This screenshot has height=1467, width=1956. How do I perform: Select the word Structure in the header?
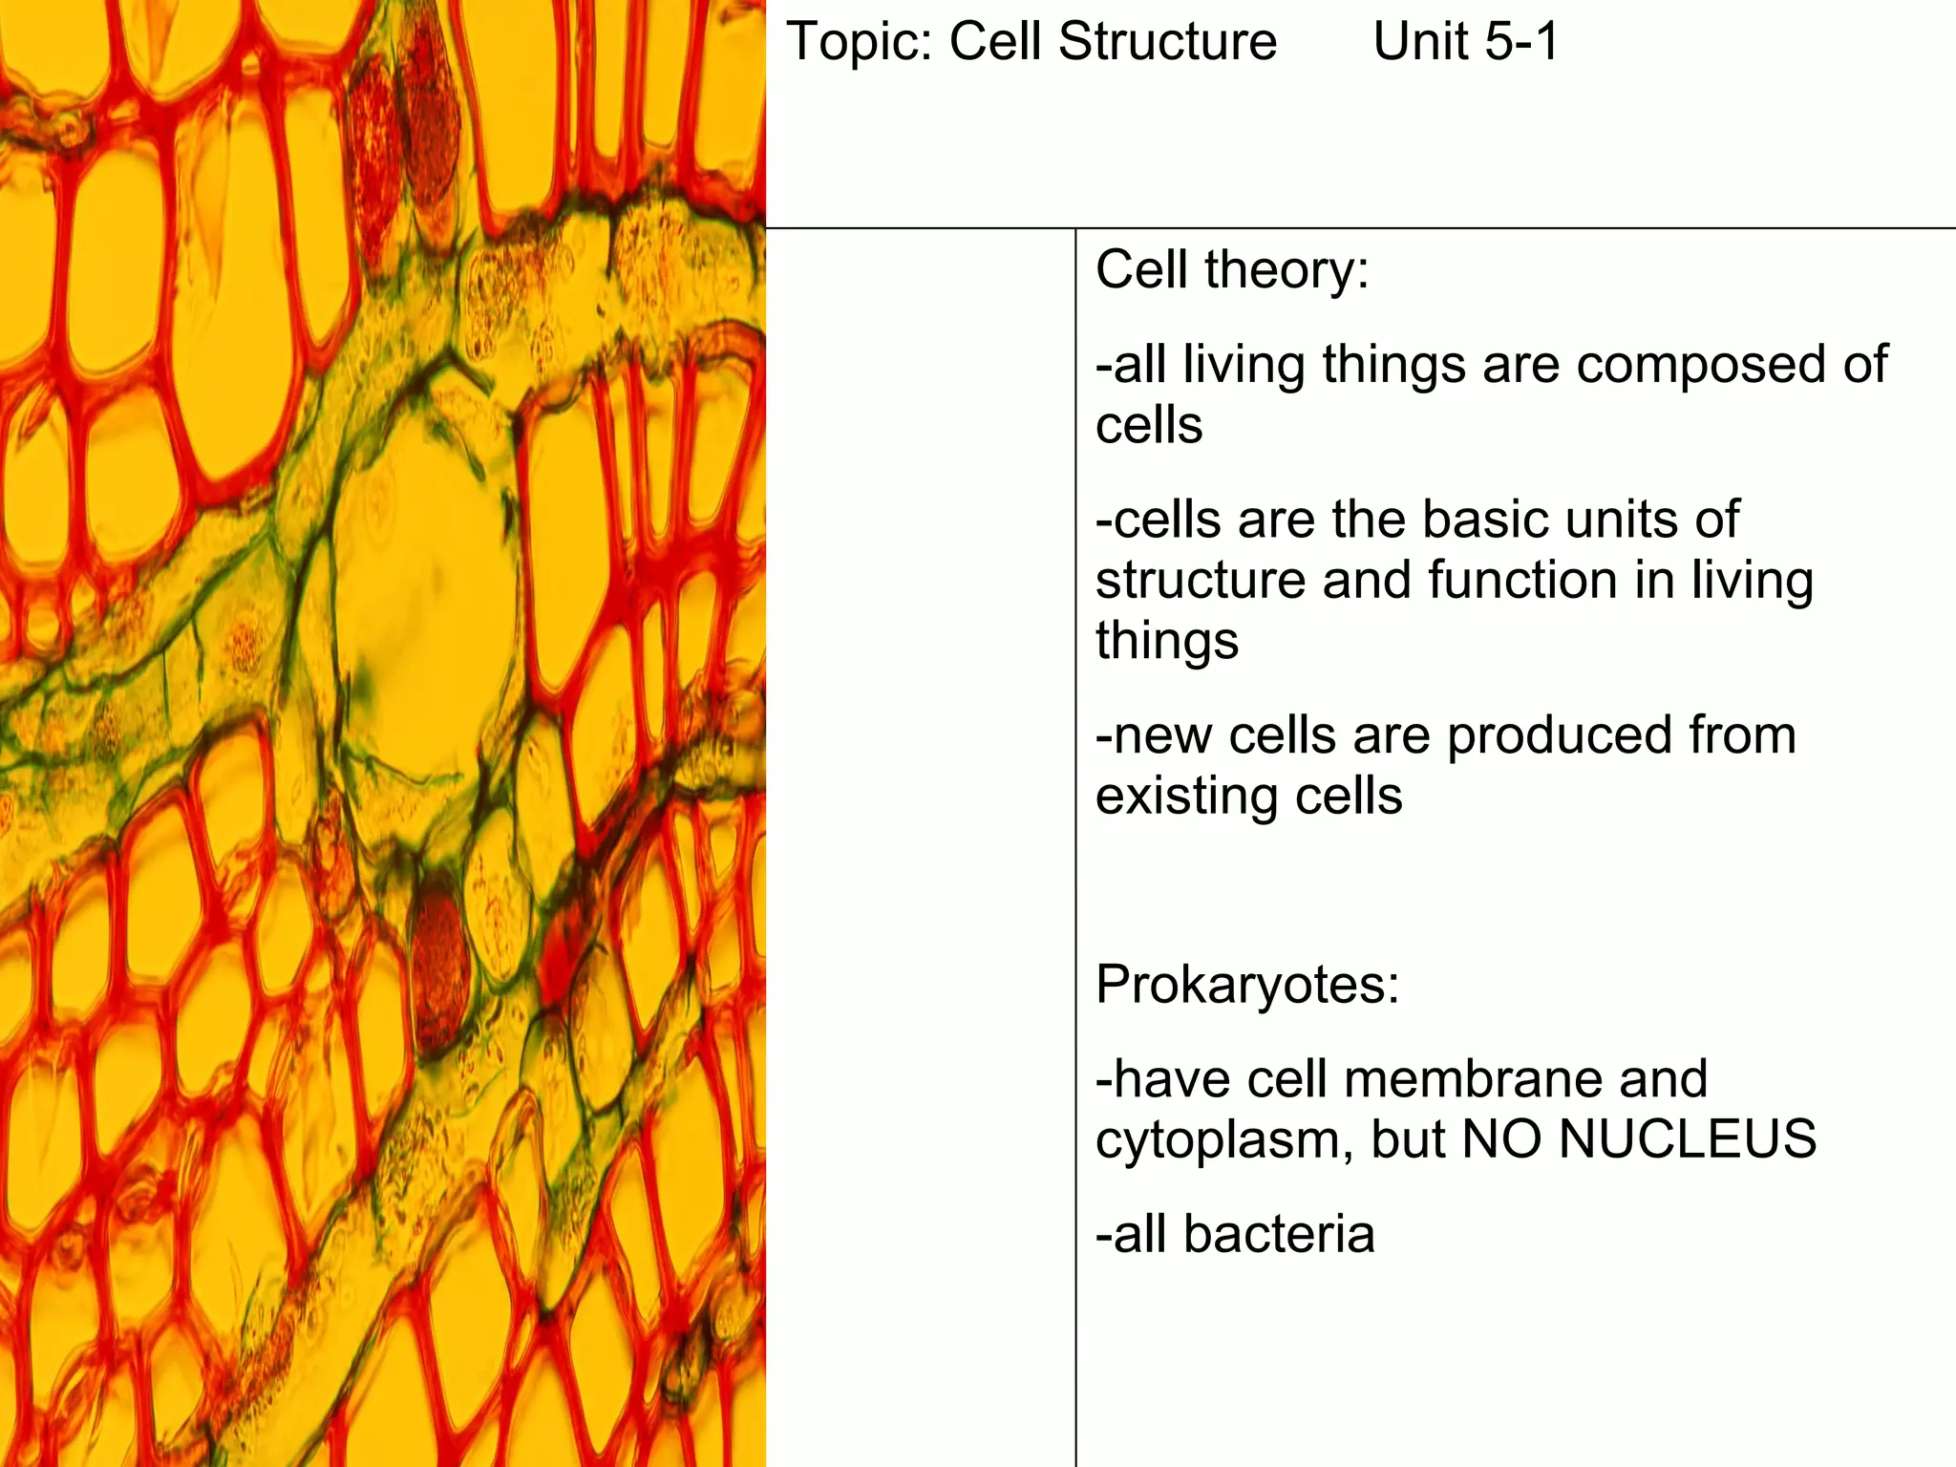coord(1167,43)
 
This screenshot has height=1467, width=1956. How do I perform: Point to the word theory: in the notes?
coord(1286,270)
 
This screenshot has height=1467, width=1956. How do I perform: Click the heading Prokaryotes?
coord(1247,986)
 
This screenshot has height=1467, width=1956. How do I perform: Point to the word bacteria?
coord(1279,1234)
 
